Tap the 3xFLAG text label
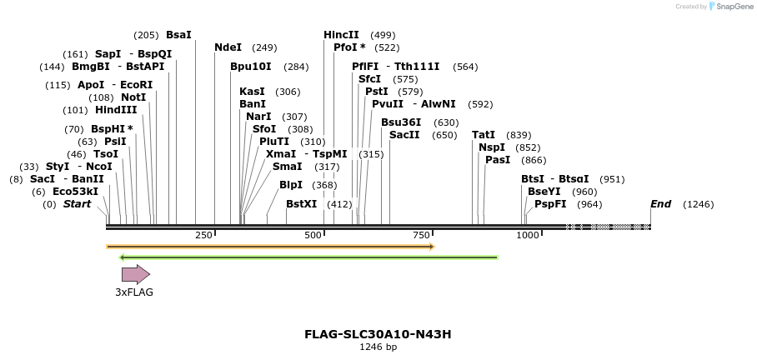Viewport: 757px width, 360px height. [134, 292]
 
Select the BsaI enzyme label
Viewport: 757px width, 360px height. [178, 35]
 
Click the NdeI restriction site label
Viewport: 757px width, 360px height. [228, 47]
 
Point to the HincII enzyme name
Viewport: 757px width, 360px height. [341, 35]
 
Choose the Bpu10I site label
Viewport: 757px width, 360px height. [251, 67]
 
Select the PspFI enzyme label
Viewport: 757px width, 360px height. [550, 204]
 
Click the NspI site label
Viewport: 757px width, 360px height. [492, 147]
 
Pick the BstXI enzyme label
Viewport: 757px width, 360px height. [302, 204]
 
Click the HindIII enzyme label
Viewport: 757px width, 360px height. [116, 110]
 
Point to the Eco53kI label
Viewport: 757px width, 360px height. [75, 192]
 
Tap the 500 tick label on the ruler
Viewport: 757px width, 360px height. [313, 236]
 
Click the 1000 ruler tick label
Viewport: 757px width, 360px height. [528, 236]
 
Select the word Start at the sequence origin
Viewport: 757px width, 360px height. [77, 204]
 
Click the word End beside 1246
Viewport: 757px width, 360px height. [660, 204]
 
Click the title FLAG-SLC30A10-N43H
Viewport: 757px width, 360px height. [378, 334]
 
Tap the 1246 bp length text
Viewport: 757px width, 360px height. [378, 347]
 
